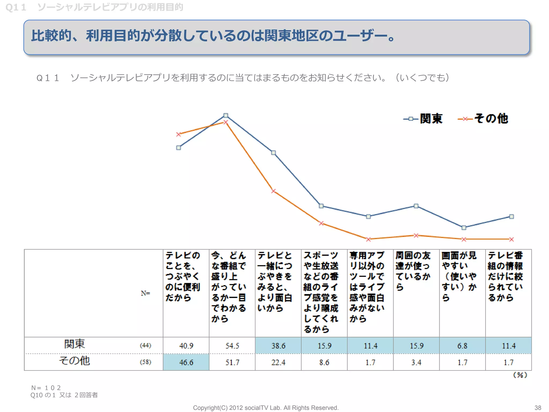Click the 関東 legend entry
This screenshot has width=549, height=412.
click(424, 119)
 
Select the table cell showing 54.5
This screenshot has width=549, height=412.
click(232, 345)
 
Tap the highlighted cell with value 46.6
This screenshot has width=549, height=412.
click(186, 362)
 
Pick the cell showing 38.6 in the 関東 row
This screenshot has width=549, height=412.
click(278, 345)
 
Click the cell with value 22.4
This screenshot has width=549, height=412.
click(278, 362)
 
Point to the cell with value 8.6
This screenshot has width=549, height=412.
click(324, 362)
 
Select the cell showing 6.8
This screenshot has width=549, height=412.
click(462, 345)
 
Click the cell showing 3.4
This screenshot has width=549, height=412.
click(416, 362)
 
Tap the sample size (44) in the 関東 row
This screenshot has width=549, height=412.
click(146, 345)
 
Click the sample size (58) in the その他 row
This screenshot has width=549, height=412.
click(146, 362)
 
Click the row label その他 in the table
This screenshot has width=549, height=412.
click(75, 360)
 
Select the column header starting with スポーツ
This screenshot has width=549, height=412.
click(321, 292)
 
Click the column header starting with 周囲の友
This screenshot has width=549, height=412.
click(413, 271)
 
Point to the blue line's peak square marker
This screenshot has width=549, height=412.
click(226, 115)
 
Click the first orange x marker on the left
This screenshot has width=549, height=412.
click(179, 134)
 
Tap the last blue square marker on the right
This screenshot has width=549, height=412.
click(511, 216)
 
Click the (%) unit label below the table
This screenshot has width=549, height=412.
click(520, 375)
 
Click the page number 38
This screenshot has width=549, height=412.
click(538, 408)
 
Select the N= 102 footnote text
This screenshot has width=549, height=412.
click(46, 388)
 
